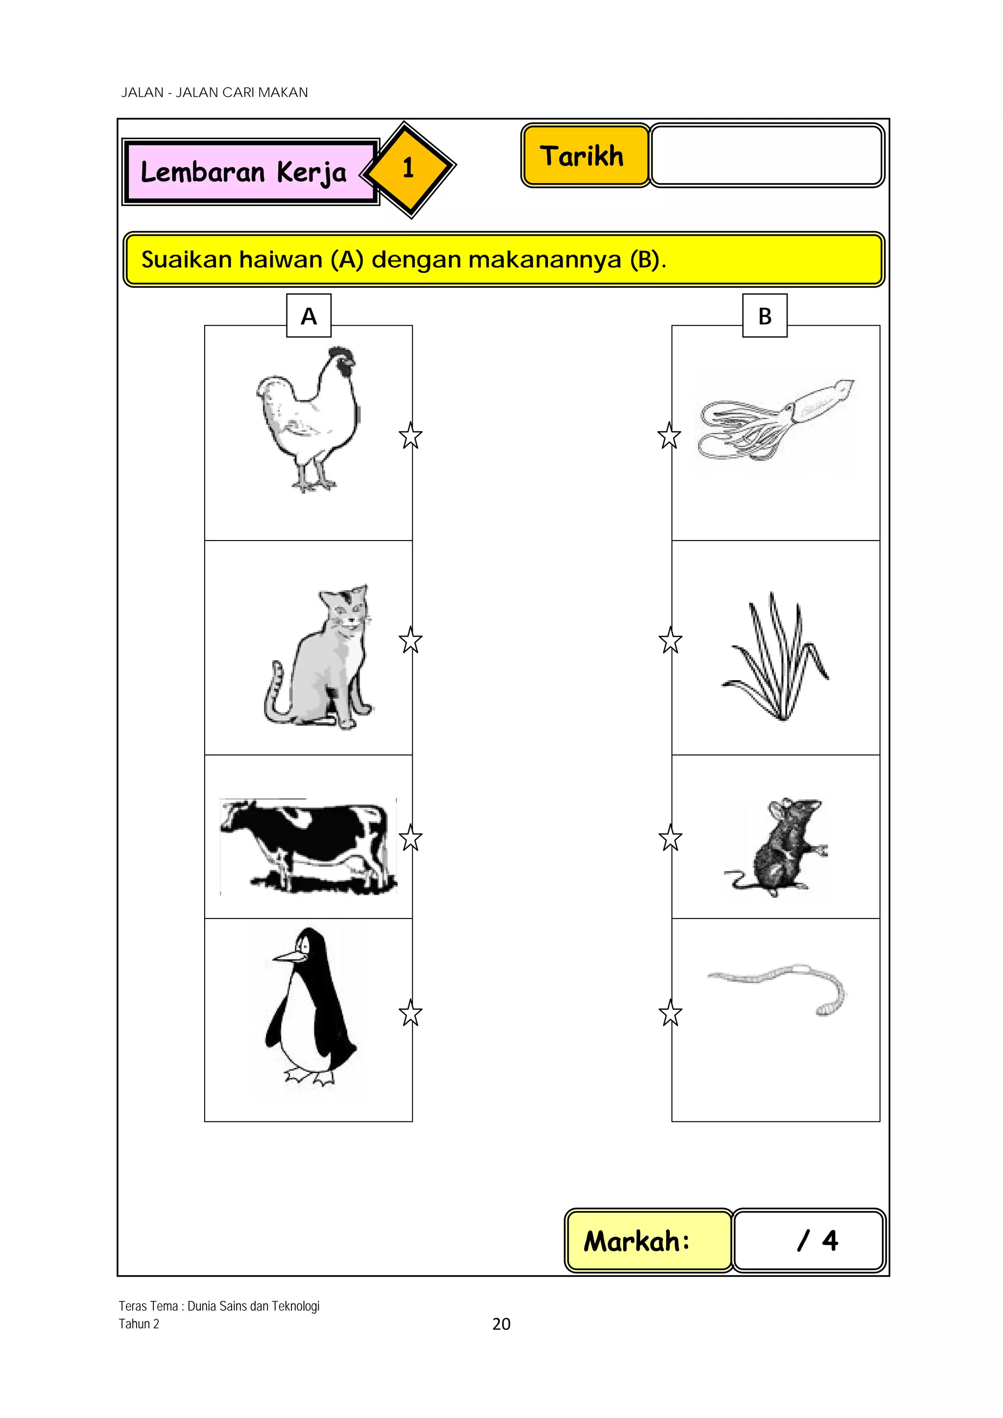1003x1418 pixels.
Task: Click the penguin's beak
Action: pyautogui.click(x=289, y=957)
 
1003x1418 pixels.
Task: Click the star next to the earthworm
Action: pyautogui.click(x=670, y=1014)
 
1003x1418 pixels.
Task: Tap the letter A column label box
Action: pyautogui.click(x=309, y=316)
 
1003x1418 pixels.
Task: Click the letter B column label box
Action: pyautogui.click(x=764, y=316)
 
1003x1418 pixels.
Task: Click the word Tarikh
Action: pyautogui.click(x=582, y=156)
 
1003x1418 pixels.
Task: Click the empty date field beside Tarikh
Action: pyautogui.click(x=767, y=156)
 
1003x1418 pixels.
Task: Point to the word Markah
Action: pyautogui.click(x=636, y=1241)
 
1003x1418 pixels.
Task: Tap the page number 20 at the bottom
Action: pyautogui.click(x=501, y=1323)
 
